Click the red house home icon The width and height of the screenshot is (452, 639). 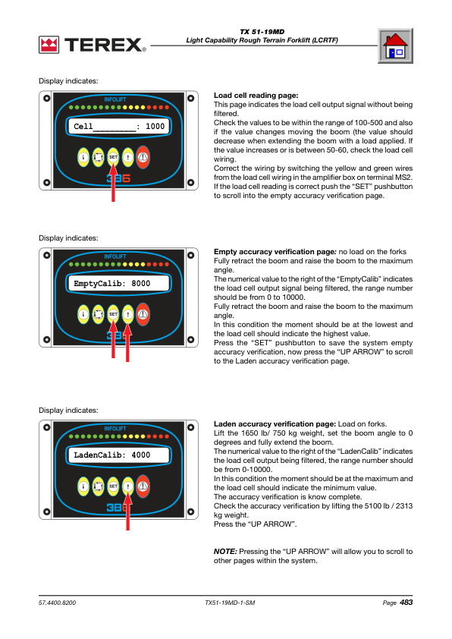395,46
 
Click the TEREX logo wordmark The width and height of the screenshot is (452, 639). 105,45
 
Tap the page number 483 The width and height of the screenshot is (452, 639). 406,602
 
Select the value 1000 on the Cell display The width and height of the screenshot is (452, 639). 155,126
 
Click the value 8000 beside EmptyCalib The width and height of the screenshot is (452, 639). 140,283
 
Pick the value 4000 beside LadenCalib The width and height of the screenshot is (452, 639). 140,455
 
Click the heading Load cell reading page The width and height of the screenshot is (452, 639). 256,96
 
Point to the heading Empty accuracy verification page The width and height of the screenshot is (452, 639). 275,252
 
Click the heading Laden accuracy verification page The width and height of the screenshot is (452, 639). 275,423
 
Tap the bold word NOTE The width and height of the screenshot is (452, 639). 225,552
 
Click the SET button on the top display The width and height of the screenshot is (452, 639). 113,157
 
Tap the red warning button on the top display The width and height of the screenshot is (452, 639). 143,157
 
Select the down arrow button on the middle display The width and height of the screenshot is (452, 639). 83,314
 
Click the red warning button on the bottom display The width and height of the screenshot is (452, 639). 143,486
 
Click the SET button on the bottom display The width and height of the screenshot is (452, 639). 113,486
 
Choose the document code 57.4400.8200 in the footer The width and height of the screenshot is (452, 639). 57,603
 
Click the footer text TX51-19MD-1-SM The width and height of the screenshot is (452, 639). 230,603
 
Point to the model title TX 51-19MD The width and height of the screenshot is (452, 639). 262,32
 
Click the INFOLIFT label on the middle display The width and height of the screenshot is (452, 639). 115,257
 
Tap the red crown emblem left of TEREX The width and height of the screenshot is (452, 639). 49,45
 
